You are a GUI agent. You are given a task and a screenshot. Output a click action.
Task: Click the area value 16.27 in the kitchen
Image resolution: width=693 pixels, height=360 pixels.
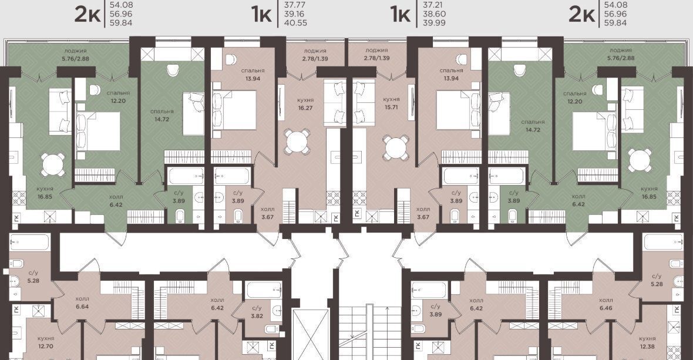pos(305,108)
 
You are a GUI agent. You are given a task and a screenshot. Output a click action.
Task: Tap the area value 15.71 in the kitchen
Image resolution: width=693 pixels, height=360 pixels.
pos(392,107)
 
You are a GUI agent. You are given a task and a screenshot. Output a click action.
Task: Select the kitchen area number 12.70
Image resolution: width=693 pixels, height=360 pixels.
pos(46,346)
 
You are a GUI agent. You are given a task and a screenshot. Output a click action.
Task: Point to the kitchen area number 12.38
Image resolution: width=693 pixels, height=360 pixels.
pos(647,346)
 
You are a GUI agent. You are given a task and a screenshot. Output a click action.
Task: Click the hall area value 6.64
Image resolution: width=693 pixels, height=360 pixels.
pos(82,306)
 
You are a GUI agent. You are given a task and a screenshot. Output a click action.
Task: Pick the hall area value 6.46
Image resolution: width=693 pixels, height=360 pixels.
pos(605,308)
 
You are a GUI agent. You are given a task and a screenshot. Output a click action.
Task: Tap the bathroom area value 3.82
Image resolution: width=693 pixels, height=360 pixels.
pos(257,316)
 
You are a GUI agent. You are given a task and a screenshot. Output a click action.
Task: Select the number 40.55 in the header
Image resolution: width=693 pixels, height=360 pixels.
pos(295,22)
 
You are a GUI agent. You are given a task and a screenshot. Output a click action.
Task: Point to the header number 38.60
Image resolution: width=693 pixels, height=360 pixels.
pos(435,14)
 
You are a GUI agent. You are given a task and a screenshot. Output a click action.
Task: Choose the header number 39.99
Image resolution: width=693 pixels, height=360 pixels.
pos(435,22)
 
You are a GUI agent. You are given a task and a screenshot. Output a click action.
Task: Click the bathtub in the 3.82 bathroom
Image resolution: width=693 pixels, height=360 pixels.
pos(264,290)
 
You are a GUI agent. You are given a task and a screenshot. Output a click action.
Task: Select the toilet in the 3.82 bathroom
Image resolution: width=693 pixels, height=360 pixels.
pos(272,329)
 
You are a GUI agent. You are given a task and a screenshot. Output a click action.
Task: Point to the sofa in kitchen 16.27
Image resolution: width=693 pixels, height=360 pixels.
pos(335,102)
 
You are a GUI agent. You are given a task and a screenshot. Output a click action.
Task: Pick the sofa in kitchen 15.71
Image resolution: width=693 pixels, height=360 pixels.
pos(364,102)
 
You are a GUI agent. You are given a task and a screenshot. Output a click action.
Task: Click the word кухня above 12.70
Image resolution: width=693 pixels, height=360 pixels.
pos(46,338)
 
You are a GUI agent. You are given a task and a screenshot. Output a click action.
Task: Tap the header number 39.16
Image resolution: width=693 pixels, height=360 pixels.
pos(295,14)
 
